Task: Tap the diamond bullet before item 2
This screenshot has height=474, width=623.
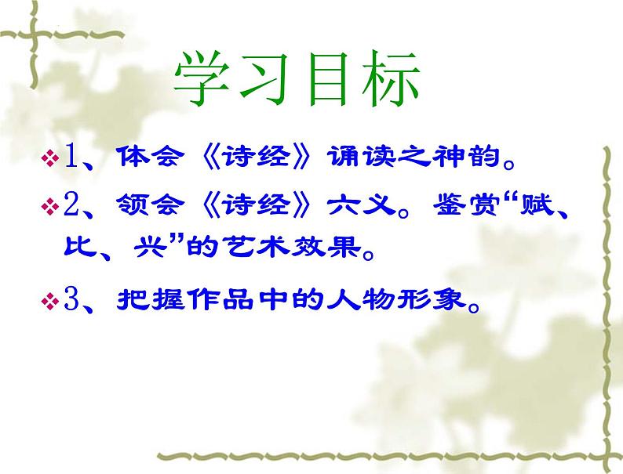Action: point(49,208)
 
